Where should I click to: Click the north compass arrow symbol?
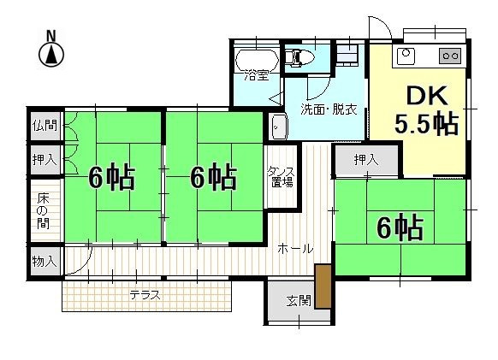[x=51, y=56]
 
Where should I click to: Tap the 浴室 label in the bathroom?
[x=257, y=75]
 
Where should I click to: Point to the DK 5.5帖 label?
[x=425, y=110]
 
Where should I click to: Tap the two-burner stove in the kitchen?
[x=450, y=56]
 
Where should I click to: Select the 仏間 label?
[x=44, y=126]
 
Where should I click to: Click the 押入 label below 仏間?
[x=44, y=158]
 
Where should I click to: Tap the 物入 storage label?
[x=44, y=261]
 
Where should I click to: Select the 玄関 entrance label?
[x=298, y=300]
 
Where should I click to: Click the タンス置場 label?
[x=282, y=176]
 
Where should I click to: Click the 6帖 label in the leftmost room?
[x=111, y=177]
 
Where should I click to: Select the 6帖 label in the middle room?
[x=213, y=177]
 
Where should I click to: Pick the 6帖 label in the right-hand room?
[x=400, y=227]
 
